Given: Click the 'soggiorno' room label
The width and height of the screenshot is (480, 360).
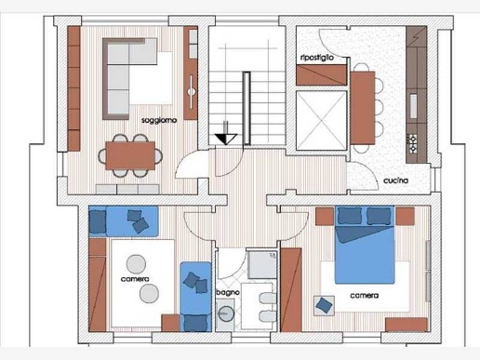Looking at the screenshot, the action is (x=159, y=120).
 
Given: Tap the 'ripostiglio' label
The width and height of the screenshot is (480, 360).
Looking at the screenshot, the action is (x=317, y=58).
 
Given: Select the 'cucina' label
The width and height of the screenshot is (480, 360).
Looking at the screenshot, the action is (x=395, y=180).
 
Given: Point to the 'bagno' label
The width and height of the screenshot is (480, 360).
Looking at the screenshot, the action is (x=228, y=292).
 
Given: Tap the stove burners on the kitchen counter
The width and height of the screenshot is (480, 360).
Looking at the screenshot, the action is (x=412, y=143).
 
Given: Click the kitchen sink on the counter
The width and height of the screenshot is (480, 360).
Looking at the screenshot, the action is (x=414, y=106).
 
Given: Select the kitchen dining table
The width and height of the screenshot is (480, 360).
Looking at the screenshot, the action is (x=363, y=108).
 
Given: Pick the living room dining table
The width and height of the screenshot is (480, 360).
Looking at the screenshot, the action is (x=130, y=155).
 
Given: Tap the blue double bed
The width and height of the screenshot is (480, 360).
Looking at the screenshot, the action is (x=365, y=245).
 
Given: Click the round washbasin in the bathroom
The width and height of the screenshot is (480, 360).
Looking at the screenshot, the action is (x=226, y=313).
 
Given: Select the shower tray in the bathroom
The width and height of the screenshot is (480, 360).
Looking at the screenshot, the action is (x=262, y=264).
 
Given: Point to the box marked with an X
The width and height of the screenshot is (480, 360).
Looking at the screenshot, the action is (x=321, y=121).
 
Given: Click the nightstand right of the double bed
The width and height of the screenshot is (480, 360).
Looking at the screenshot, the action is (x=405, y=217).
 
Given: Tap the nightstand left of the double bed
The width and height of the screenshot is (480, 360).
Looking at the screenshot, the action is (x=325, y=217).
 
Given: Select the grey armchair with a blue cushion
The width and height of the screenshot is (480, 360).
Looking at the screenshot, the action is (x=324, y=306).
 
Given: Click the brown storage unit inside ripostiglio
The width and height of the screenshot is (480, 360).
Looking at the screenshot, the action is (x=321, y=74).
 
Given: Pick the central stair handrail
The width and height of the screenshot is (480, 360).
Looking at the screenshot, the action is (x=247, y=108).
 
